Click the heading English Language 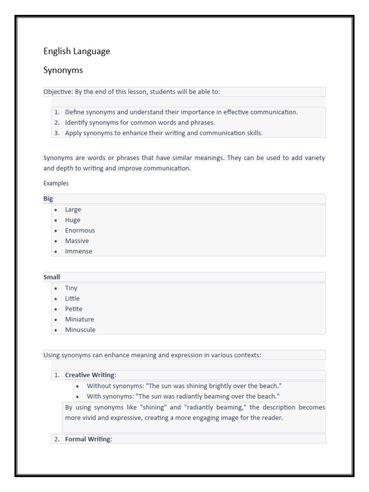(77, 51)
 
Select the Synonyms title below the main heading (63, 71)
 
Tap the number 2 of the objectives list (57, 123)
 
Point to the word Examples (56, 183)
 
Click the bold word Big (48, 199)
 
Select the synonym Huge (73, 220)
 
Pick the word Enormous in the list (80, 230)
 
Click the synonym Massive (77, 241)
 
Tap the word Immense (78, 251)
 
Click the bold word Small (51, 277)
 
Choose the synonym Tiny (71, 288)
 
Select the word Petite (74, 309)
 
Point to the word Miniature (79, 320)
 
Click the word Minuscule (80, 330)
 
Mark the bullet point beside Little (56, 299)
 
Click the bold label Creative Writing (90, 375)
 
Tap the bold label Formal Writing (87, 439)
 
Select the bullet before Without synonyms (78, 386)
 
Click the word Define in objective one (74, 112)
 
